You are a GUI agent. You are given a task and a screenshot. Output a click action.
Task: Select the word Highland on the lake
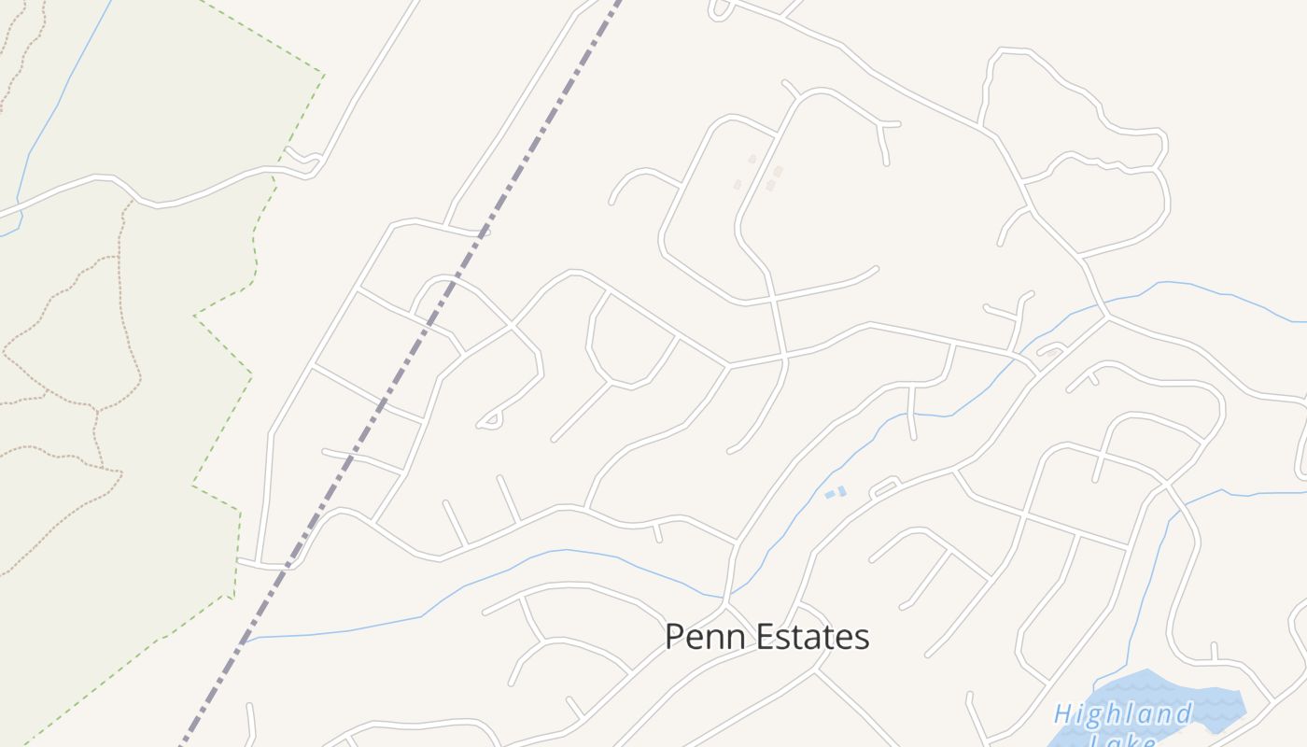tap(1123, 715)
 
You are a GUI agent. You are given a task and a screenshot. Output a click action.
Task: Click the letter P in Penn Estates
tap(674, 637)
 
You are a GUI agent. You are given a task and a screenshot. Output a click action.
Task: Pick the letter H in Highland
tap(1062, 715)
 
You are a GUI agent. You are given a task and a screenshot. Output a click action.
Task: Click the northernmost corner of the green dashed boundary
tap(323, 73)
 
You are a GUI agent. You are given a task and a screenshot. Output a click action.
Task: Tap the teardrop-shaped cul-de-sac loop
tap(491, 421)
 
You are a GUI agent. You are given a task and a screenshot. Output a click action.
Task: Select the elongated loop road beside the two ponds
tap(884, 487)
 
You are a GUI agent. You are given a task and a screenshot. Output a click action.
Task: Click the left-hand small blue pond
tap(829, 495)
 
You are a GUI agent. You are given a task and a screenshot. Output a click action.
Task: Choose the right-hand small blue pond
tap(842, 490)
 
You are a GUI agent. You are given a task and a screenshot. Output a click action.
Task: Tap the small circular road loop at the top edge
tap(720, 9)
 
